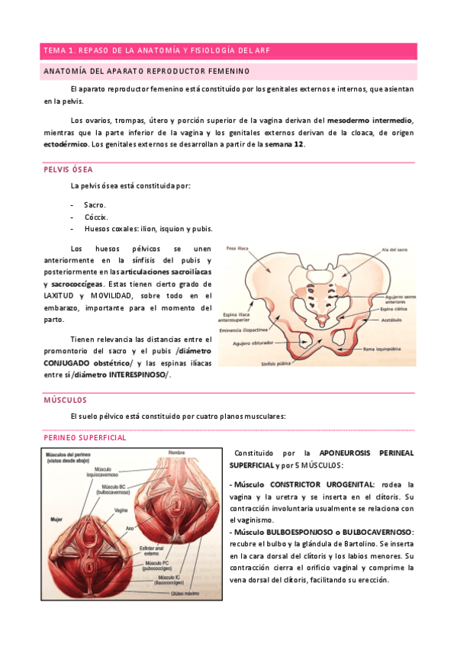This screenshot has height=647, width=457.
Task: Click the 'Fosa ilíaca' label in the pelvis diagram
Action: pyautogui.click(x=237, y=248)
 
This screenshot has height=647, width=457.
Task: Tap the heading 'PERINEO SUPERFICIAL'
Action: pyautogui.click(x=85, y=438)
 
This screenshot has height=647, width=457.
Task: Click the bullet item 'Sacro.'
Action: pyautogui.click(x=95, y=204)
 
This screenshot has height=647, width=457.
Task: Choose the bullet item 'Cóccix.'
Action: pyautogui.click(x=96, y=217)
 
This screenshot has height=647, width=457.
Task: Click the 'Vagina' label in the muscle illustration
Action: pyautogui.click(x=121, y=510)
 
